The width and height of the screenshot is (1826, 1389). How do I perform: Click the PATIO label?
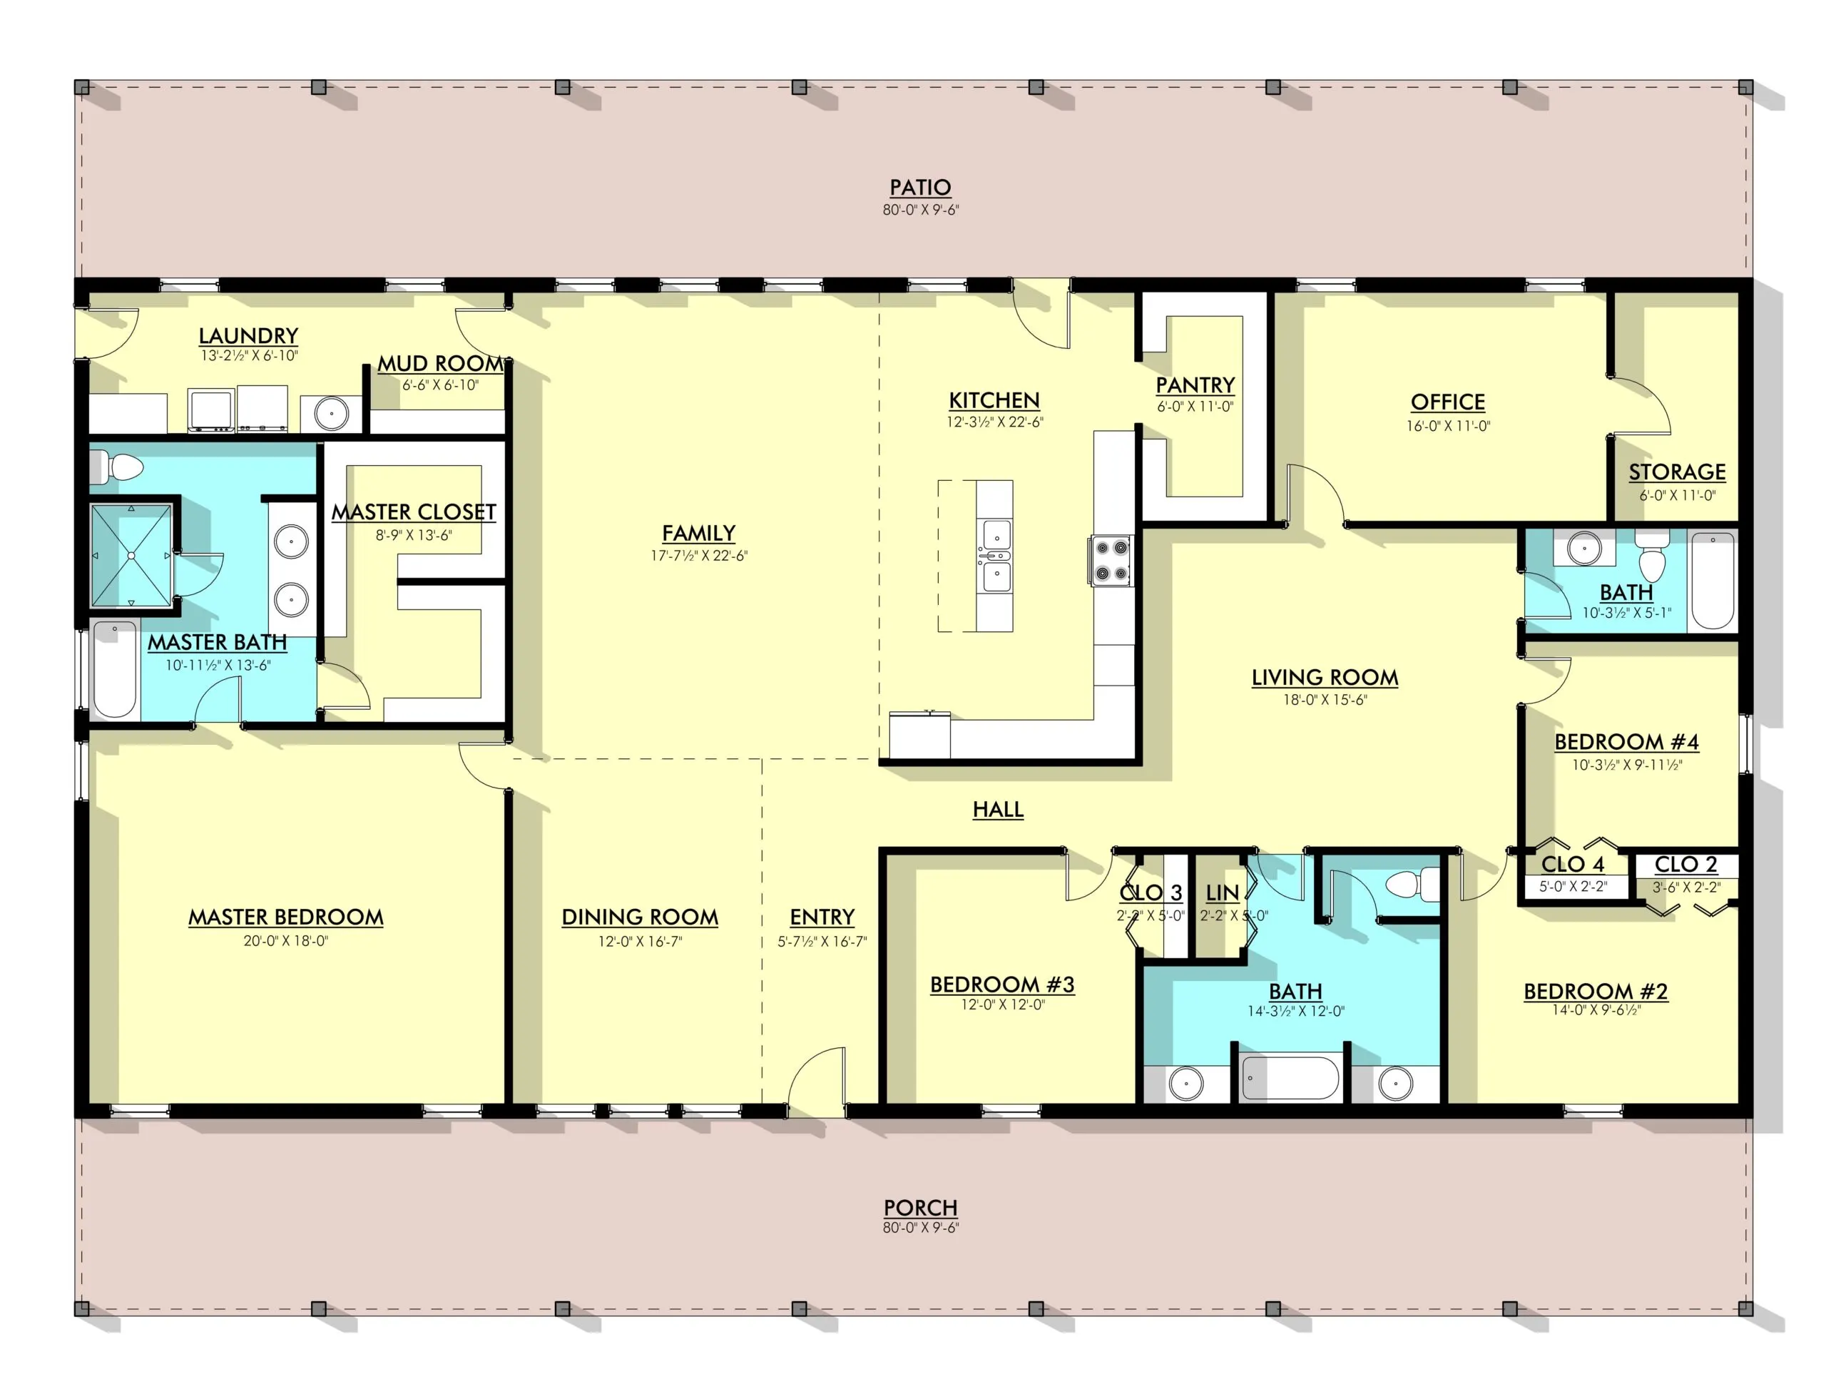(x=920, y=188)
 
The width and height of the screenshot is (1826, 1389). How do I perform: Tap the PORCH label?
(x=920, y=1208)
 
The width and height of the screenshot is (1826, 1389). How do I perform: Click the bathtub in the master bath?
(x=115, y=670)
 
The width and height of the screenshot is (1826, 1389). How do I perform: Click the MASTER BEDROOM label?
(x=286, y=917)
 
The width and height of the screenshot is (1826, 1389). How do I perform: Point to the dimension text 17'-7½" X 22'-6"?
(x=698, y=556)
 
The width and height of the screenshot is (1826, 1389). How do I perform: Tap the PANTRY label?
(x=1195, y=385)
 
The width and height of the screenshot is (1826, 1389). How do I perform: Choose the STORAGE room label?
(x=1677, y=472)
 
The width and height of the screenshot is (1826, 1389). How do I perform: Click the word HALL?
(x=998, y=810)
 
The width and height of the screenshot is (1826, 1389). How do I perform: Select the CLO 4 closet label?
(x=1572, y=864)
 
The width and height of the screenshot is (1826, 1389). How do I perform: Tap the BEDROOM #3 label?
(x=1002, y=984)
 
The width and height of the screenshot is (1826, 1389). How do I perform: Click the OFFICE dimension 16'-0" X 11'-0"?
(x=1448, y=426)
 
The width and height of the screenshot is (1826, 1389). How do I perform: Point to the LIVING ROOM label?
(x=1325, y=678)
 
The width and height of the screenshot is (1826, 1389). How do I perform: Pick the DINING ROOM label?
(x=640, y=917)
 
